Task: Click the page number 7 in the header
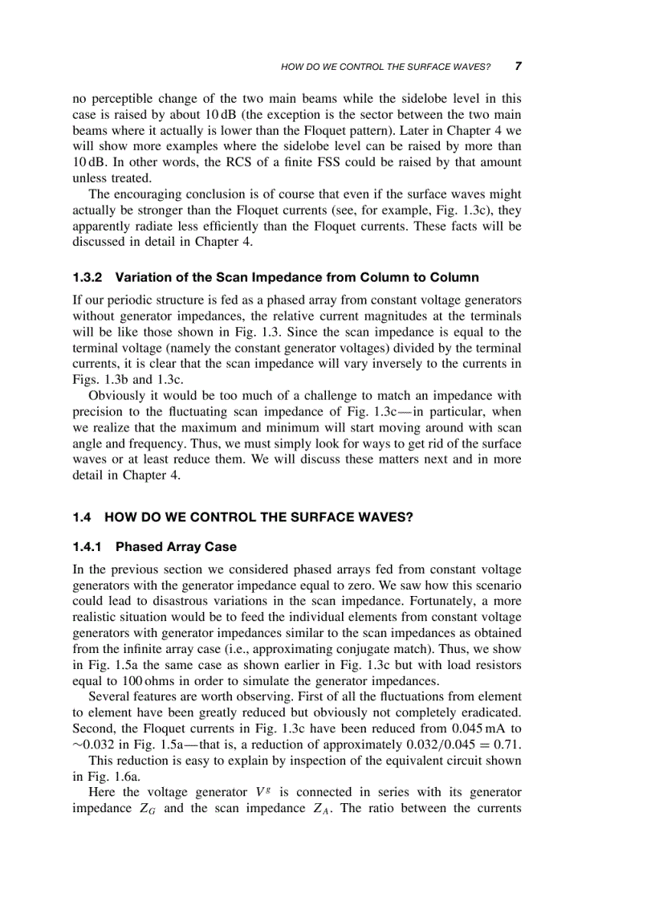pos(519,66)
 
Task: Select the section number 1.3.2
pos(88,277)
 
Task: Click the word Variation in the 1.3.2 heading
pos(142,277)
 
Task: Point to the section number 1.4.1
pos(88,547)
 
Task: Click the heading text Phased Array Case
pos(177,547)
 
